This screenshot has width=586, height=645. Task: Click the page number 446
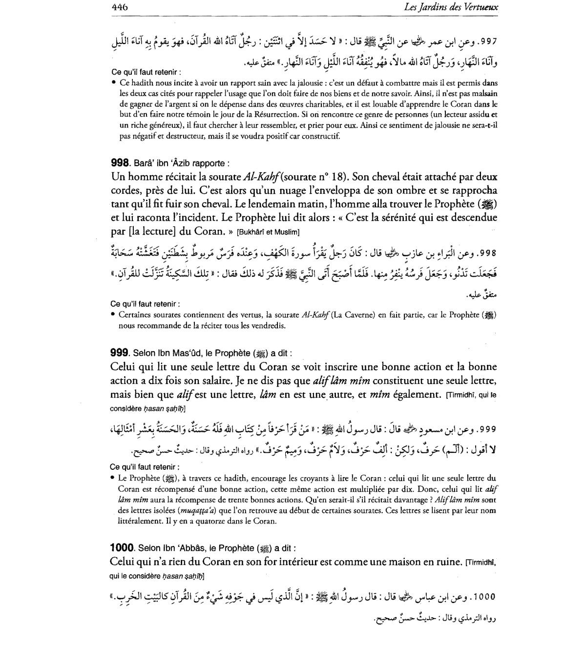click(x=120, y=7)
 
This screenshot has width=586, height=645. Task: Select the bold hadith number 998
click(x=120, y=163)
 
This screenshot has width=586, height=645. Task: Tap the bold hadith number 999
click(x=120, y=353)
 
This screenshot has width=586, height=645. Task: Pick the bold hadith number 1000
click(x=122, y=547)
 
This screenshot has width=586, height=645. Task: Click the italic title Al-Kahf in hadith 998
click(x=264, y=176)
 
